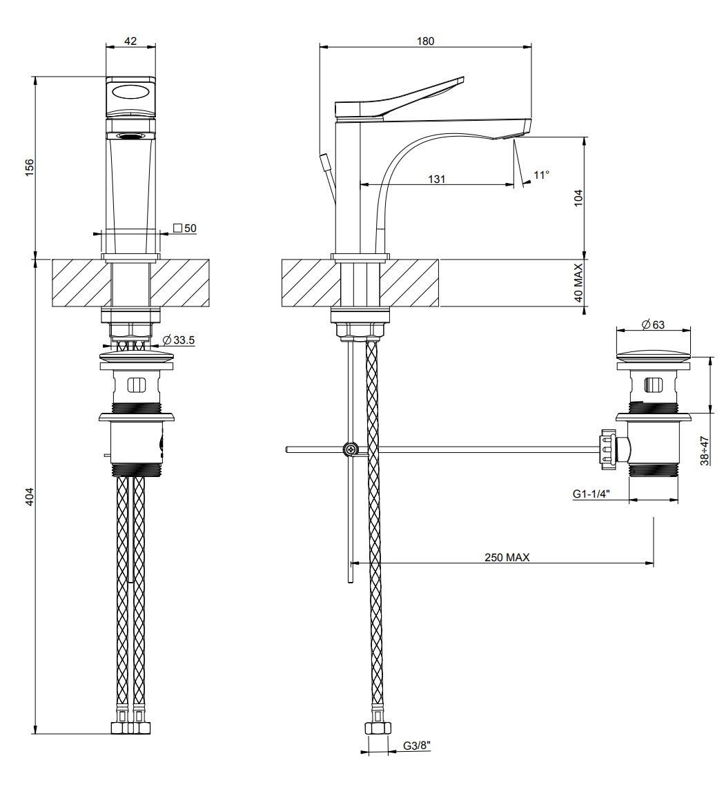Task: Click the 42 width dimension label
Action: click(x=130, y=41)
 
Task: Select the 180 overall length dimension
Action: click(x=425, y=41)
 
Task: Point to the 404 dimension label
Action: click(x=29, y=495)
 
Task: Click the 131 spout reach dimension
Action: click(x=436, y=179)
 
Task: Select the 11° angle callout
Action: click(x=542, y=175)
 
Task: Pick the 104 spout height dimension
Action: click(x=578, y=198)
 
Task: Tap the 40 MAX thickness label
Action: click(x=578, y=283)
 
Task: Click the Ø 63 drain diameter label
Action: click(x=652, y=324)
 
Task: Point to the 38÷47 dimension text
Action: click(x=704, y=450)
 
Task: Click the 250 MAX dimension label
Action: click(x=507, y=557)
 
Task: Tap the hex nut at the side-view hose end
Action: click(x=377, y=728)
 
